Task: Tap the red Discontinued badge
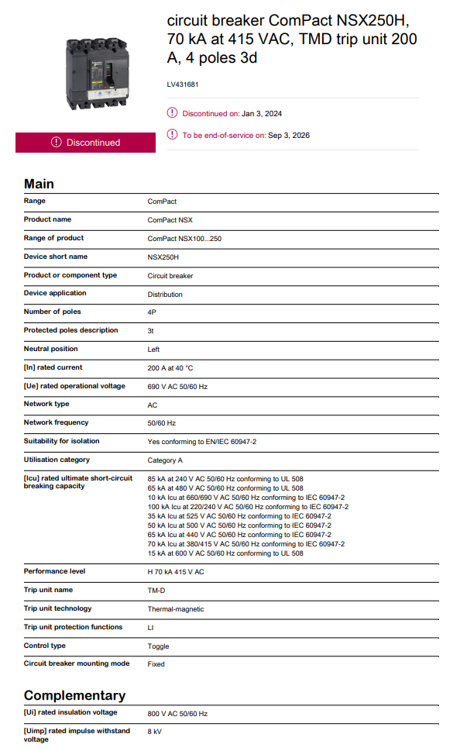coord(85,143)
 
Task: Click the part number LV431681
coord(182,84)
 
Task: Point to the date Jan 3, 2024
coord(262,114)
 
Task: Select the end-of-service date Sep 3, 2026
coord(289,136)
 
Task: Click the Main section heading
coord(39,184)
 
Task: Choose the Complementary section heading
coord(74,695)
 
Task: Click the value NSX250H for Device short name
coord(163,257)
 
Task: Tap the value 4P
coord(153,312)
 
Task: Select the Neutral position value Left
coord(154,350)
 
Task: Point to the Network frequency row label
coord(56,422)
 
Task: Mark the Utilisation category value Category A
coord(165,460)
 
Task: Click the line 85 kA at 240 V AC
coord(225,479)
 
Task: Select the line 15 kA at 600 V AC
coord(225,553)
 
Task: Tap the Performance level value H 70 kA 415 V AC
coord(176,572)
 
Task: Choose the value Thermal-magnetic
coord(176,609)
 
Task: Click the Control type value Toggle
coord(158,646)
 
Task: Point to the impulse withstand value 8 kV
coord(155,731)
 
